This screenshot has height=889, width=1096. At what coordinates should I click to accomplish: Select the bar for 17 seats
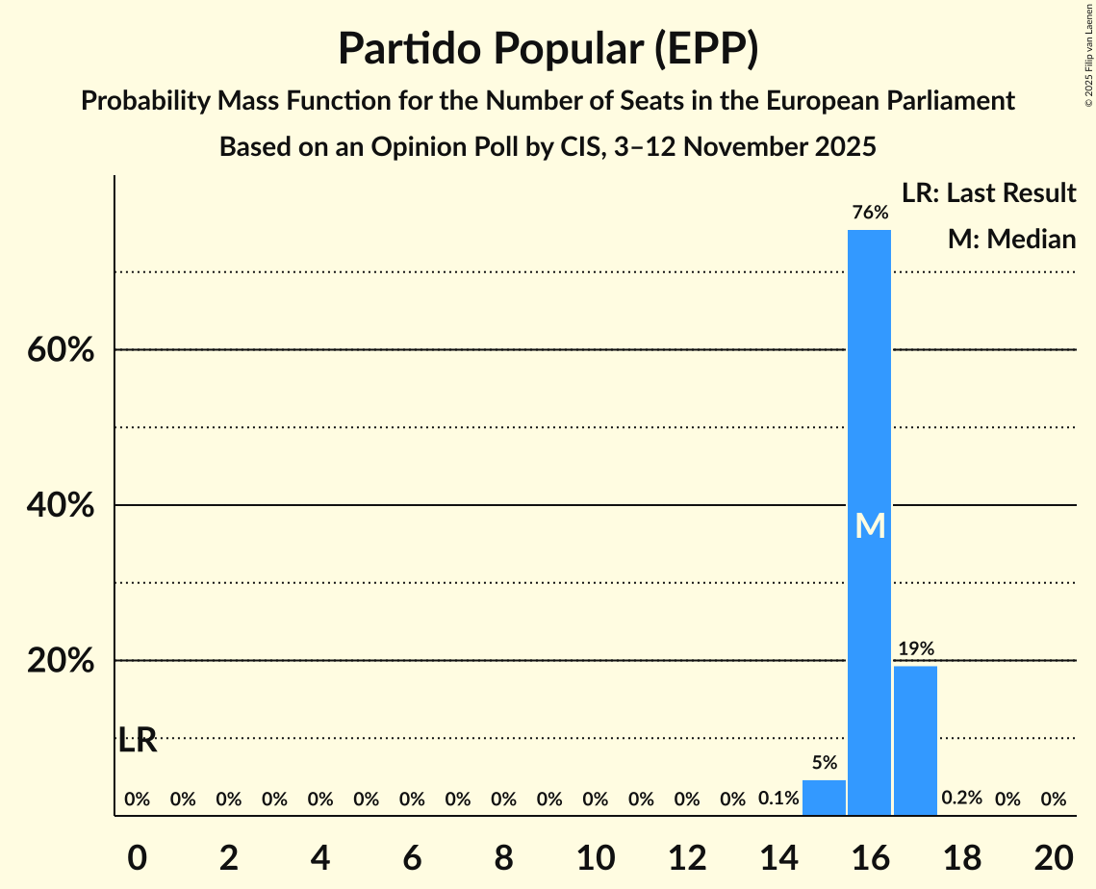click(915, 741)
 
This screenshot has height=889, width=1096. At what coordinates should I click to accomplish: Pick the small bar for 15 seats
click(824, 798)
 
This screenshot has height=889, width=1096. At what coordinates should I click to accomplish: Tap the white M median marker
click(870, 525)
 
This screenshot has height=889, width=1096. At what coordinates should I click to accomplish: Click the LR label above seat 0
click(137, 741)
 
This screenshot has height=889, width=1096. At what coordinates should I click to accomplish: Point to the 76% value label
click(869, 212)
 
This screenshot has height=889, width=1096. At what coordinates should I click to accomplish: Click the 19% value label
click(915, 648)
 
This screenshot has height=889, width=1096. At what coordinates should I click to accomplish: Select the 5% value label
click(824, 763)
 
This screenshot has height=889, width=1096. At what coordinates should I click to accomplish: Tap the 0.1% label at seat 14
click(778, 799)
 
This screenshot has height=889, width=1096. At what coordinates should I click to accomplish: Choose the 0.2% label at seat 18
click(961, 799)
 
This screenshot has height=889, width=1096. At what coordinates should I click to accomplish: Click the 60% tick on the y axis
click(61, 350)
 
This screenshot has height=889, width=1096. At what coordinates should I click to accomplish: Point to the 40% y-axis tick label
click(61, 506)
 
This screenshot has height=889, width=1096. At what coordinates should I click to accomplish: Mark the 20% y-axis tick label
click(61, 662)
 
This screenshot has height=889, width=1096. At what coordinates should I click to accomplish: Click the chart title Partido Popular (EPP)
click(548, 49)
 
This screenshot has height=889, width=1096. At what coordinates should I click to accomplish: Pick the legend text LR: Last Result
click(988, 193)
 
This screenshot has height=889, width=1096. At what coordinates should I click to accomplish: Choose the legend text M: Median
click(1011, 240)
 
